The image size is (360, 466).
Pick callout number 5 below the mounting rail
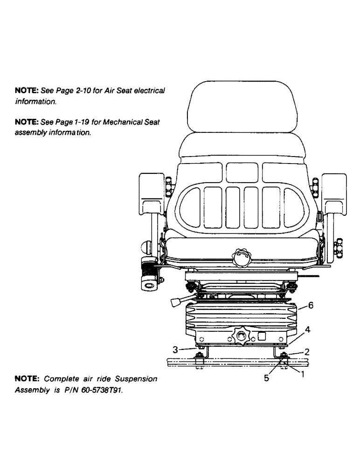pyautogui.click(x=267, y=378)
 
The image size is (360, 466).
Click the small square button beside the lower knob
pyautogui.click(x=262, y=335)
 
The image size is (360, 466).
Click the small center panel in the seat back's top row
pyautogui.click(x=241, y=171)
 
